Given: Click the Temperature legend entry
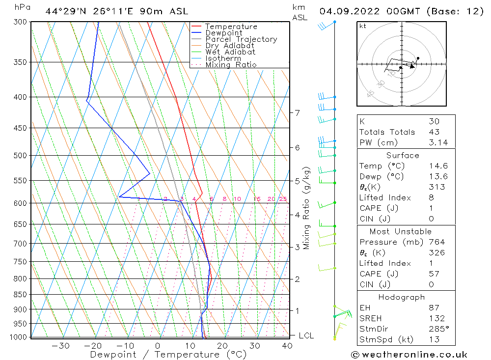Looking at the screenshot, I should pyautogui.click(x=231, y=27).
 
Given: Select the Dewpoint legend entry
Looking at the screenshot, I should pyautogui.click(x=223, y=33).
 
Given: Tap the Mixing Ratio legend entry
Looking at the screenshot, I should pyautogui.click(x=231, y=65).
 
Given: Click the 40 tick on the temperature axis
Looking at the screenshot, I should pyautogui.click(x=287, y=346).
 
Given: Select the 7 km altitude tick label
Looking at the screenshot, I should pyautogui.click(x=297, y=113).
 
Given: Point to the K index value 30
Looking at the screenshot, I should pyautogui.click(x=434, y=121).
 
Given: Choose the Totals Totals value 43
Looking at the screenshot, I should pyautogui.click(x=434, y=132).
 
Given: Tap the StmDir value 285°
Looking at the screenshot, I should pyautogui.click(x=436, y=329).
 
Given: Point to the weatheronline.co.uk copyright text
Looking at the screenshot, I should pyautogui.click(x=409, y=354).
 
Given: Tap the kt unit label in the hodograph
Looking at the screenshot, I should pyautogui.click(x=362, y=26).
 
